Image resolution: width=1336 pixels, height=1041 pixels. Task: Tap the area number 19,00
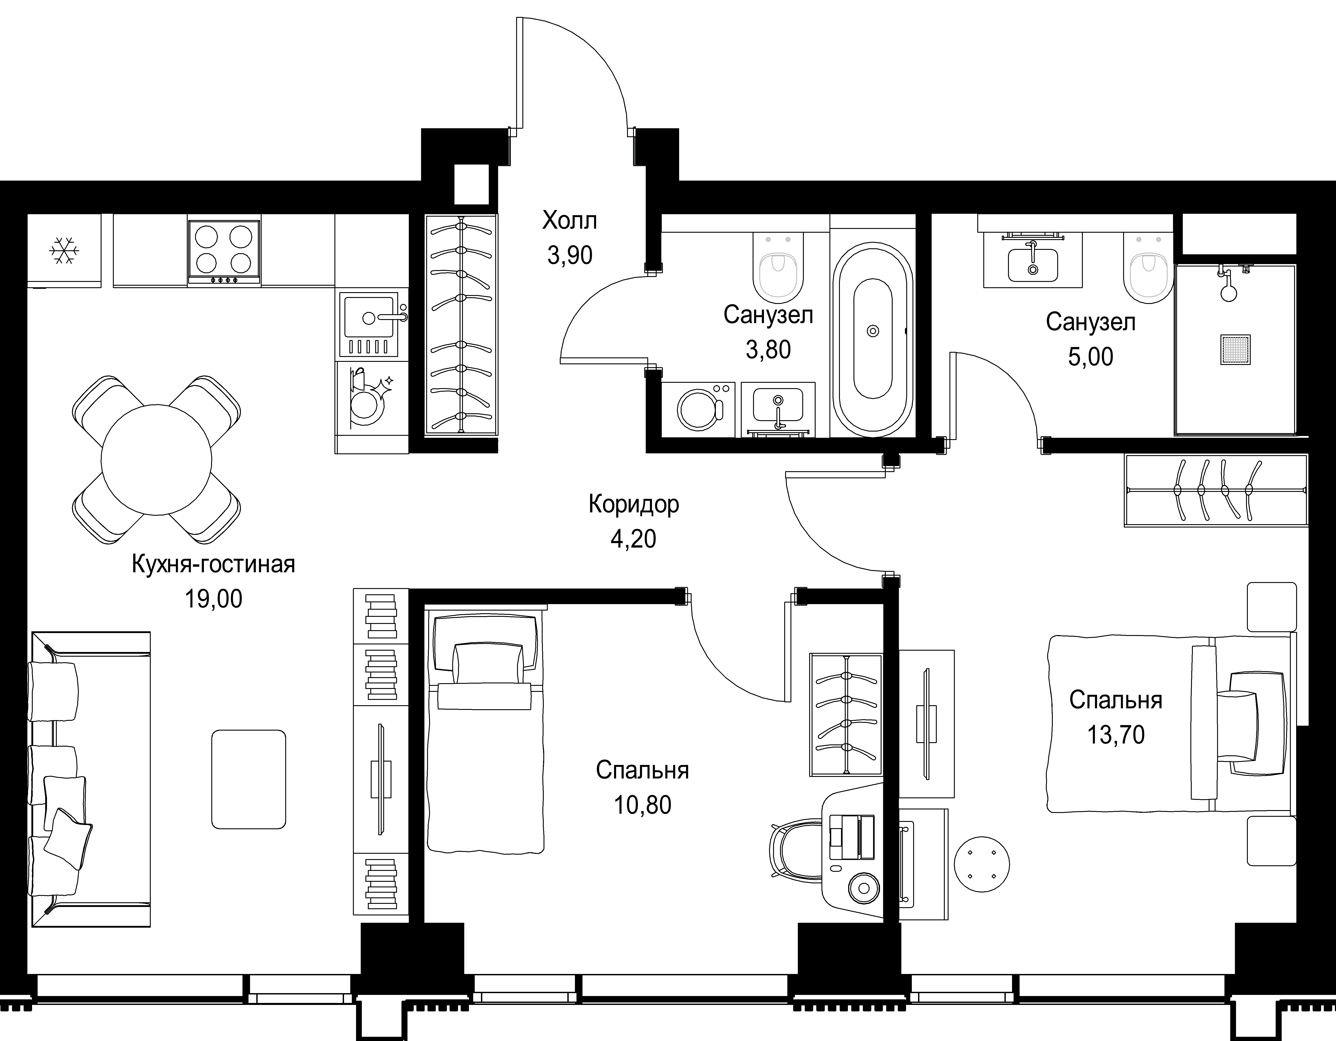tap(214, 599)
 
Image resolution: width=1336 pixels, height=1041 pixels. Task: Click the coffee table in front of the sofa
tap(248, 779)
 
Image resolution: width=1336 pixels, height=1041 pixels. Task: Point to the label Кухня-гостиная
tap(214, 564)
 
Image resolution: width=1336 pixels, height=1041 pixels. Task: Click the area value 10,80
tap(642, 805)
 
